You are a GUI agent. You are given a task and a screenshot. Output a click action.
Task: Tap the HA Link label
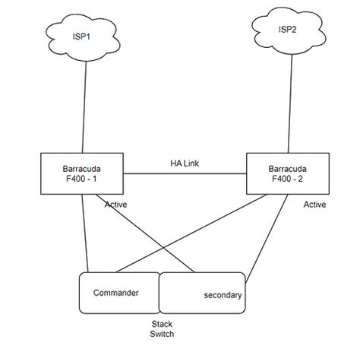185,163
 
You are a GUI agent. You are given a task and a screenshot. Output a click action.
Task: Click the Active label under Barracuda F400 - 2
314,205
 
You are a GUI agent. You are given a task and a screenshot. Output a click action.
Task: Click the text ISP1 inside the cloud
81,36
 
